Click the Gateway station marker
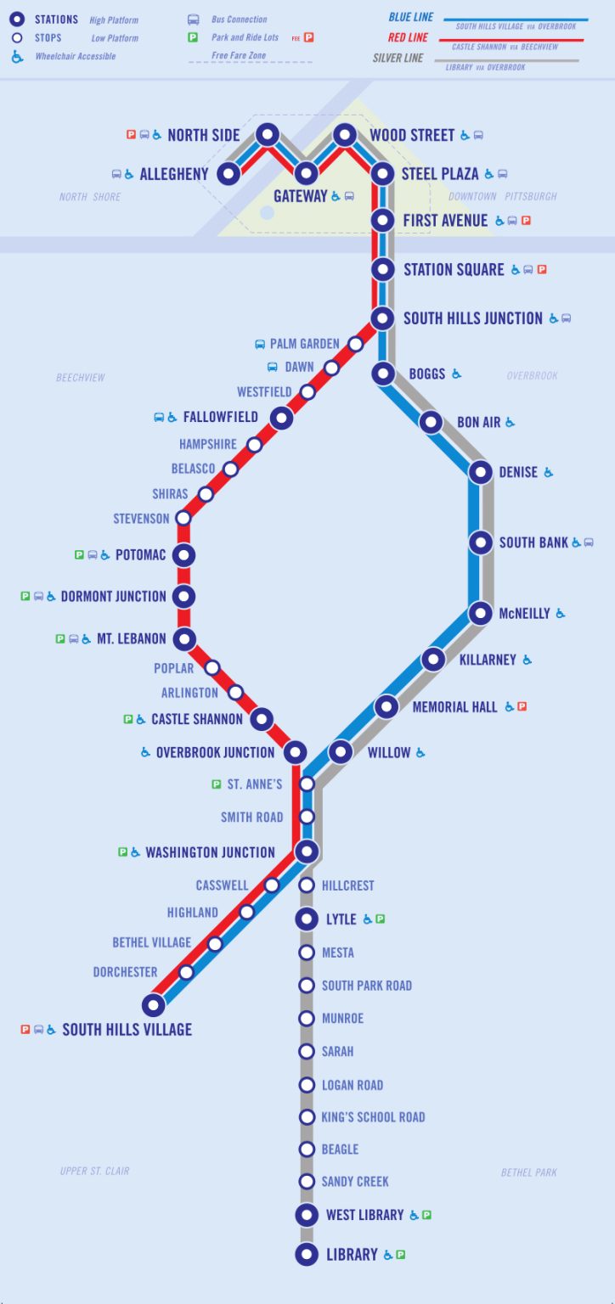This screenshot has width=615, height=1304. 306,173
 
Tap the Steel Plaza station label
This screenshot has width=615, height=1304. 440,174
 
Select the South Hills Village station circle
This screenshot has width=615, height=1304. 153,1006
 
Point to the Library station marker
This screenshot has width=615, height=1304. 307,1254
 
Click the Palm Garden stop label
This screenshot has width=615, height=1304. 304,344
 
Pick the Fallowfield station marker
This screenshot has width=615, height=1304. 281,418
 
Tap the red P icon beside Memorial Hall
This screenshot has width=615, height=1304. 522,706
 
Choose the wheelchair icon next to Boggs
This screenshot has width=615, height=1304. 457,374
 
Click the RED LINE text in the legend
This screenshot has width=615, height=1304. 408,37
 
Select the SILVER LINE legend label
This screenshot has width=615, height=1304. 398,59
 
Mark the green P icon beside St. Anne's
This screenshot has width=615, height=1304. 217,784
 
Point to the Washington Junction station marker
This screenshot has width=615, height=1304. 307,851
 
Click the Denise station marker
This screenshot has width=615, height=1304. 481,472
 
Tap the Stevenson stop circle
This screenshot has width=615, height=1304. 183,518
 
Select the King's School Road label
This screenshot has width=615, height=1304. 373,1117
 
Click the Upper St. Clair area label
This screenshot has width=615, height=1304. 94,1172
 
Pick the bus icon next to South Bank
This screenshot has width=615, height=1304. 589,542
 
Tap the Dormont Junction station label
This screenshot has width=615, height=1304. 113,596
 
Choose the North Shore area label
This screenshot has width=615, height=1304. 90,197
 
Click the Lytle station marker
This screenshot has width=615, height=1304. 307,919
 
